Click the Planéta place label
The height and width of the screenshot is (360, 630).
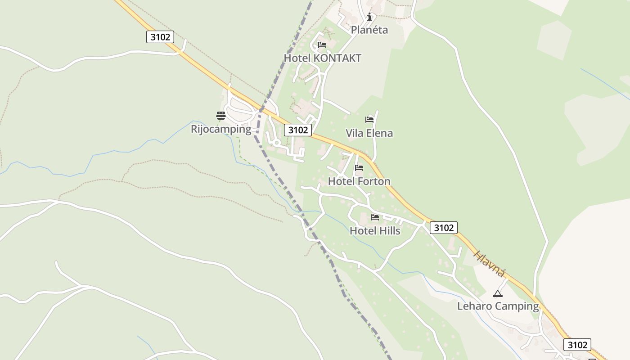click(369, 30)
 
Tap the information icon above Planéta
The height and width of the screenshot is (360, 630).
click(369, 17)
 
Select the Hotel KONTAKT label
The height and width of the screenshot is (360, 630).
click(322, 58)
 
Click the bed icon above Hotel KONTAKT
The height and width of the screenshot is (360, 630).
click(322, 45)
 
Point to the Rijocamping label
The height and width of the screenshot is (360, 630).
click(221, 129)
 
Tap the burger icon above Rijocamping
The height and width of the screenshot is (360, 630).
click(220, 116)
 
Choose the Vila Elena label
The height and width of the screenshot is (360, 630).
click(369, 133)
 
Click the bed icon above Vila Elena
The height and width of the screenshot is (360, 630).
click(369, 120)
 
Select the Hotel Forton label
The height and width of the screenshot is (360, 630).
click(359, 181)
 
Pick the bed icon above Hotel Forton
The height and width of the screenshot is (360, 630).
click(359, 168)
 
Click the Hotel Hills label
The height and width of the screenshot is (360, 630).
click(375, 231)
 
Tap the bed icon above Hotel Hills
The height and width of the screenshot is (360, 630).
click(375, 218)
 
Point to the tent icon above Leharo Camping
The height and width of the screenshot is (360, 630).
click(497, 294)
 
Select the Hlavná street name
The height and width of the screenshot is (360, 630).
click(490, 263)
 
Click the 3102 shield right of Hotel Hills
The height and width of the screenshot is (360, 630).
click(444, 228)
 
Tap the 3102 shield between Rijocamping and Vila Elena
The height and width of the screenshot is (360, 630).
click(298, 130)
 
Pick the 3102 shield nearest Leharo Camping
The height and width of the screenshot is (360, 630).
click(577, 345)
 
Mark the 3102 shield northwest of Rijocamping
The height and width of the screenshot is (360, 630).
click(160, 37)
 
